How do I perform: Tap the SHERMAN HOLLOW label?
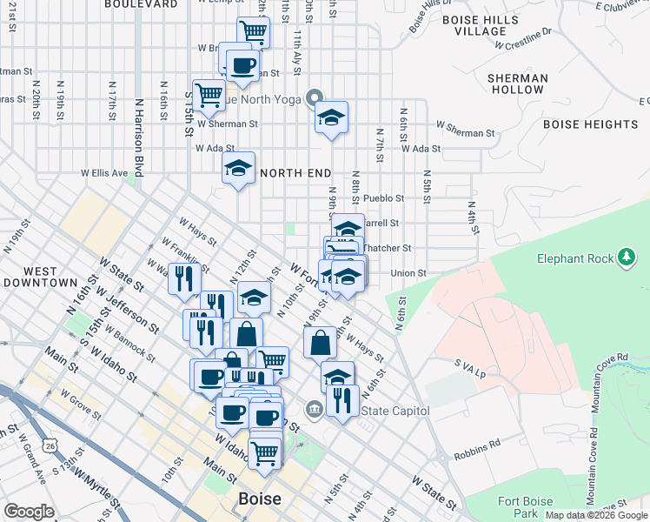click(x=517, y=84)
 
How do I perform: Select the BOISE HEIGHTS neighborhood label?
click(x=590, y=124)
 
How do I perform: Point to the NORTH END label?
click(x=295, y=173)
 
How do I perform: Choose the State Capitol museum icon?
click(x=314, y=407)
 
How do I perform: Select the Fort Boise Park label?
click(x=527, y=507)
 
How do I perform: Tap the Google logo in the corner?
click(x=30, y=512)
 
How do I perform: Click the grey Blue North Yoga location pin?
click(x=315, y=98)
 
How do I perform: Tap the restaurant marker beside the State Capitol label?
click(x=342, y=401)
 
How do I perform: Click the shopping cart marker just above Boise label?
click(x=265, y=451)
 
